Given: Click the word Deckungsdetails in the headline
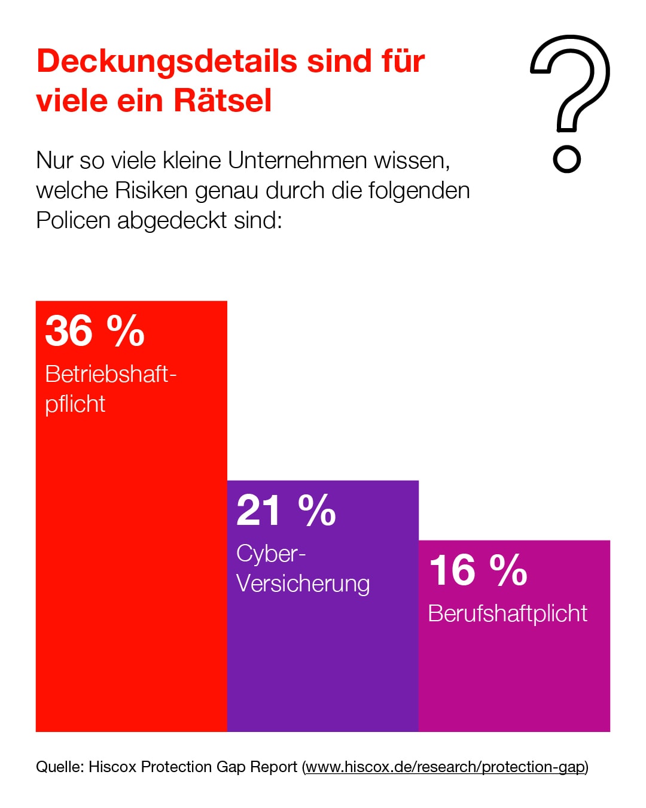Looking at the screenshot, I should [167, 62].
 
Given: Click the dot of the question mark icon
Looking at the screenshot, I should [566, 159].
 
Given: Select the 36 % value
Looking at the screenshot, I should [95, 330].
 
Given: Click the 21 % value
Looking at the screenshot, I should [286, 511].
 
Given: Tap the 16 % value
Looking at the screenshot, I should [478, 570].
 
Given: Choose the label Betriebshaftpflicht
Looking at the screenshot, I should [110, 388].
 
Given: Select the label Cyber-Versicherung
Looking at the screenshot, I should [303, 568].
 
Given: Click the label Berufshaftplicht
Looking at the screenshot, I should [507, 613].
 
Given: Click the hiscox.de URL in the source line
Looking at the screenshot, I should [446, 767].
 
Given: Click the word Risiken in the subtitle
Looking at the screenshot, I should [151, 190].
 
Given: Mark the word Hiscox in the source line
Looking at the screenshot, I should [112, 767].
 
